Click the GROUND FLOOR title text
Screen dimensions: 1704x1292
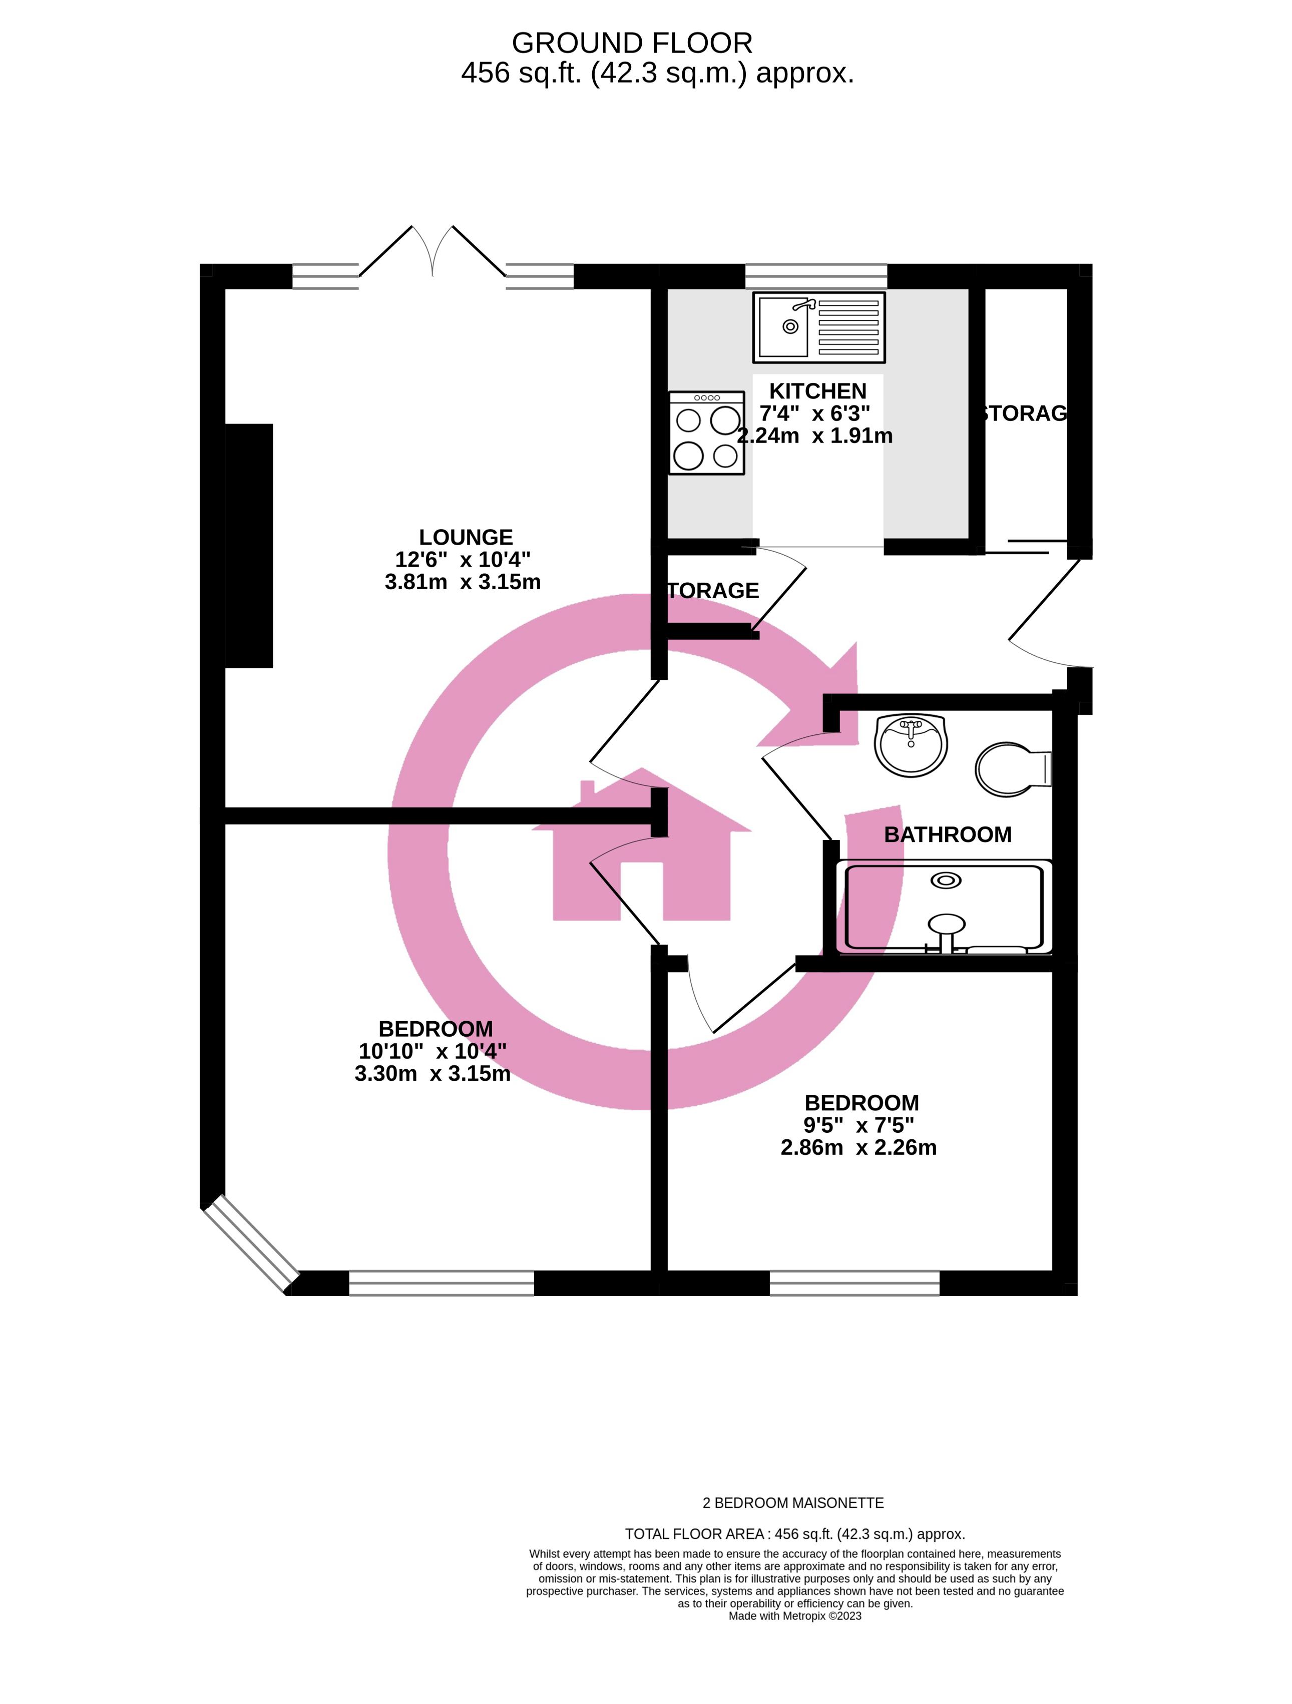632,43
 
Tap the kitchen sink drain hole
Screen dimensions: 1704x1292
790,326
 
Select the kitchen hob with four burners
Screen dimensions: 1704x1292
706,432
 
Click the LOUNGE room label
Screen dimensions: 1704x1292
466,537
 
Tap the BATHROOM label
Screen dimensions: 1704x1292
947,834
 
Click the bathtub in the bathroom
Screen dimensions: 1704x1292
944,906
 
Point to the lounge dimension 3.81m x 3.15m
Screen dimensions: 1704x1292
462,582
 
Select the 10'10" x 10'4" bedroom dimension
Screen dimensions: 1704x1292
432,1051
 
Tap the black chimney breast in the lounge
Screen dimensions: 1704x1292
249,546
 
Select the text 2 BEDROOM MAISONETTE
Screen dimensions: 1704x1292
793,1503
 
